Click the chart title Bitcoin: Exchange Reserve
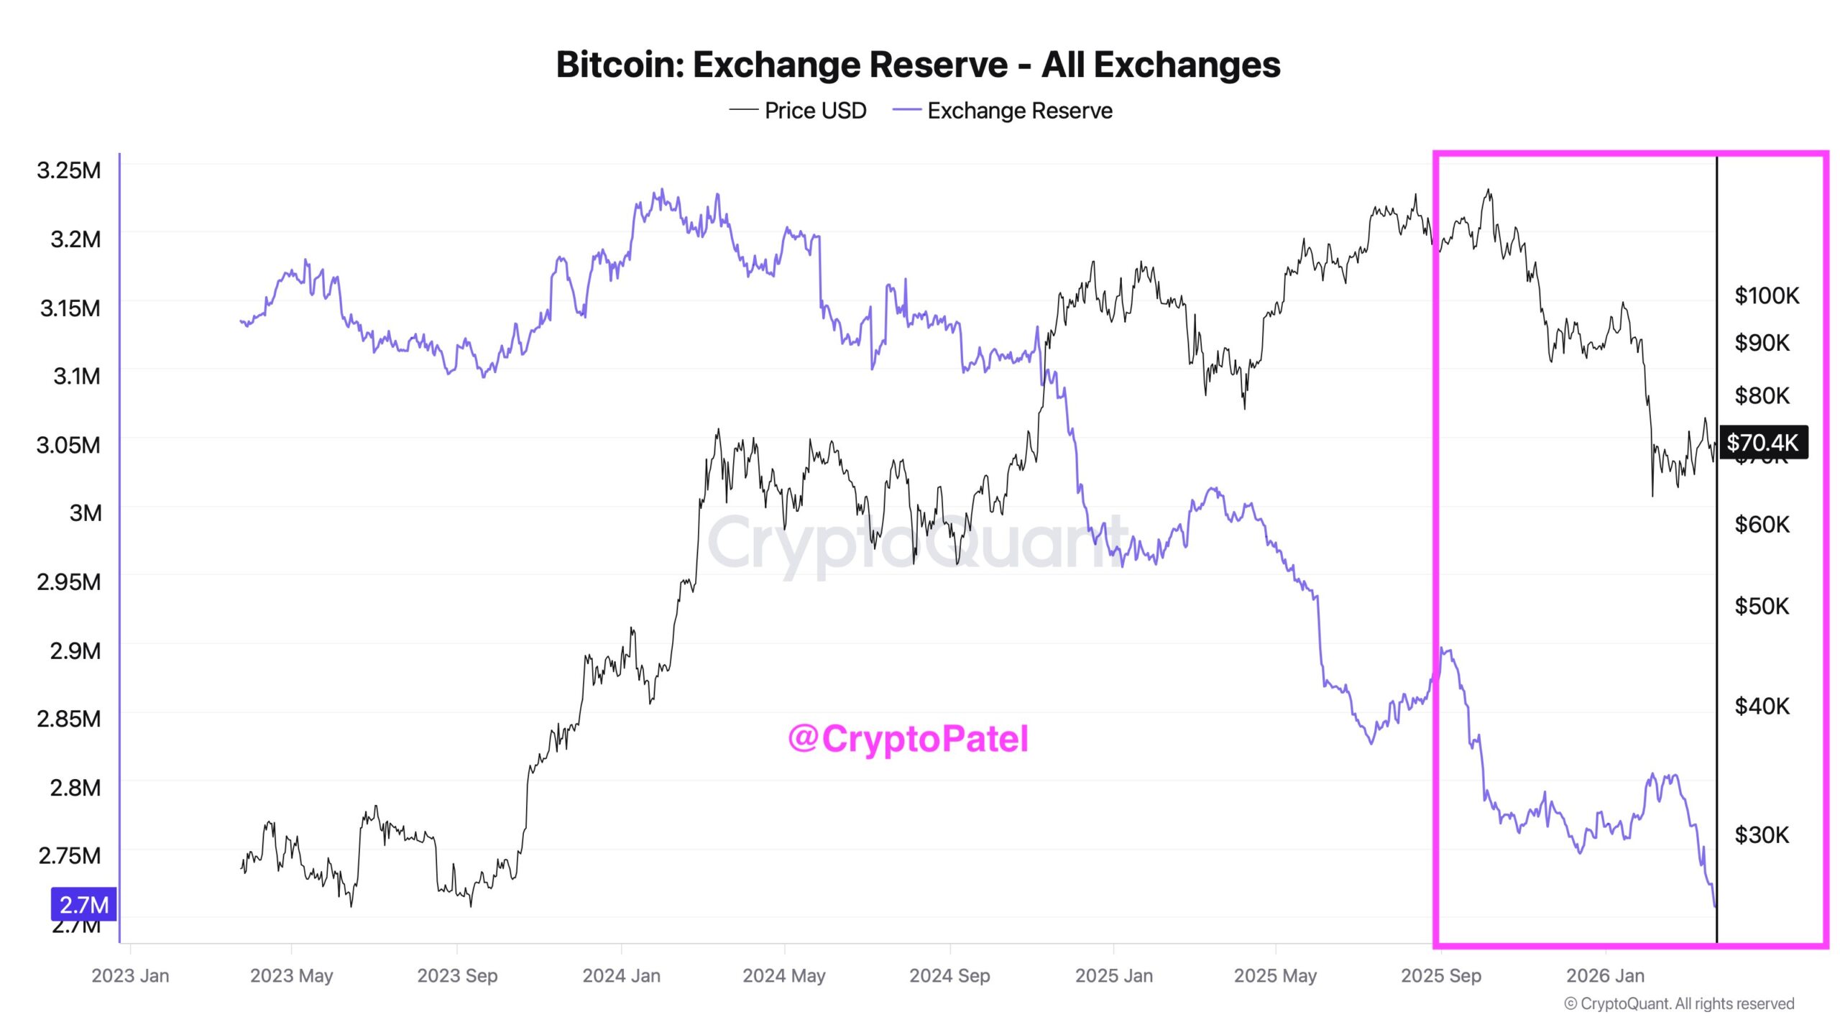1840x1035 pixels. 918,65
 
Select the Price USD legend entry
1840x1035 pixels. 798,111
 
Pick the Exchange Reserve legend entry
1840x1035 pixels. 1003,111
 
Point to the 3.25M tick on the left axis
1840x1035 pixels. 69,170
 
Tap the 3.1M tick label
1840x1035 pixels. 77,376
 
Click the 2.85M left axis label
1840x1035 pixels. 69,719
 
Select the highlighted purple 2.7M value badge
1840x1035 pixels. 83,905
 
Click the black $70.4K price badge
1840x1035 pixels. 1762,442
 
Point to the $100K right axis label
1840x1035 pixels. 1767,295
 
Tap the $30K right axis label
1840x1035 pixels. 1762,835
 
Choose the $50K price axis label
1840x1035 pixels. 1762,607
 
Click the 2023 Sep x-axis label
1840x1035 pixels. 457,976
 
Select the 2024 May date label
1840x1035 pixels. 783,976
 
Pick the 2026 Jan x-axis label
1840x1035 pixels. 1605,976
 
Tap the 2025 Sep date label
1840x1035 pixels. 1441,976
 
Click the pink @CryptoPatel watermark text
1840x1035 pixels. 908,739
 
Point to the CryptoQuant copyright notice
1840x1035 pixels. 1679,1004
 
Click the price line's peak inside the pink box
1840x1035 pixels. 1489,191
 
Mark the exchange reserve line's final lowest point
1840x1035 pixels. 1715,906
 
